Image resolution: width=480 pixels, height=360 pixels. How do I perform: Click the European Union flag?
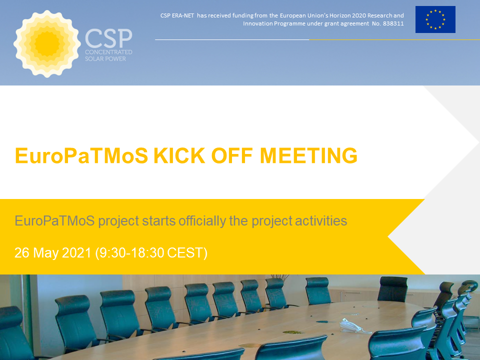[x=435, y=19]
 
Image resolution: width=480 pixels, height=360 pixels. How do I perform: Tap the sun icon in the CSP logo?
[x=47, y=44]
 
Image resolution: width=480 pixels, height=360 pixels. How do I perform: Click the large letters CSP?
[x=108, y=38]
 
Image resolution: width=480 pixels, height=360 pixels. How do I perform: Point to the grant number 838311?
[x=393, y=23]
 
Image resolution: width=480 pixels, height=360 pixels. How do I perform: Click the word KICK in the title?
[x=179, y=155]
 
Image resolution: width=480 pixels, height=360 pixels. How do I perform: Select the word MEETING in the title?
[x=308, y=155]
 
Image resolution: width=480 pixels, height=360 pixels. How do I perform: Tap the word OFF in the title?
[x=232, y=155]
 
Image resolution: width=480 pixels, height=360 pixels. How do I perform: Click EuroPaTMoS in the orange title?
[x=81, y=155]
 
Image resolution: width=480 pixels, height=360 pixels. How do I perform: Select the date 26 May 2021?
[x=53, y=253]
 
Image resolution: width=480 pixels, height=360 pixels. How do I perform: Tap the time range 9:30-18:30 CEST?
[x=151, y=253]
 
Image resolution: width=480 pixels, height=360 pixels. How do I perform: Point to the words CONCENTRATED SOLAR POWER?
[x=108, y=55]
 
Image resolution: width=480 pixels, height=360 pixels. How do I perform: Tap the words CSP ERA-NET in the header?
[x=177, y=15]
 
